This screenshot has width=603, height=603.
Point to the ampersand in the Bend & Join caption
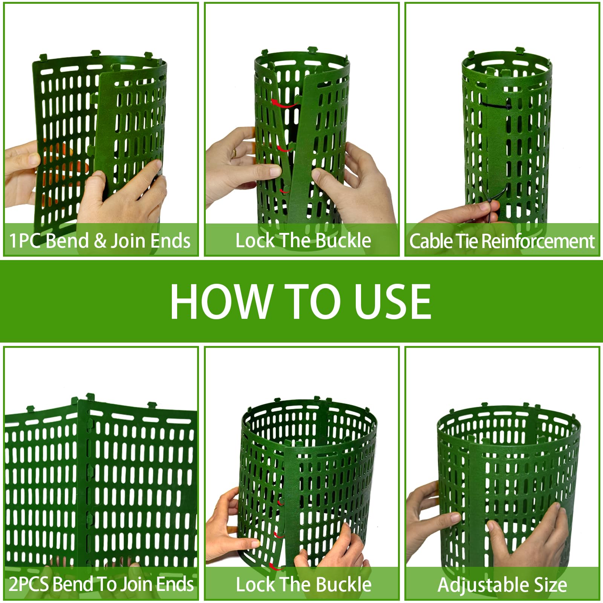coord(100,241)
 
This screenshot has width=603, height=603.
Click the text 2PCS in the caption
coord(29,584)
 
